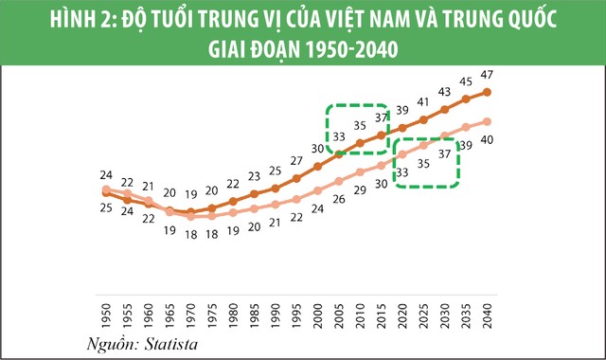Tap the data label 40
pyautogui.click(x=487, y=140)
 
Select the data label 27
pyautogui.click(x=296, y=160)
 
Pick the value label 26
pyautogui.click(x=339, y=199)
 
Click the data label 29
pyautogui.click(x=361, y=190)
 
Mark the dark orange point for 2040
pyautogui.click(x=487, y=92)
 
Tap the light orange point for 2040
pyautogui.click(x=487, y=121)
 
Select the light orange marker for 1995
pyautogui.click(x=296, y=199)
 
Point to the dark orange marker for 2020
pyautogui.click(x=402, y=127)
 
